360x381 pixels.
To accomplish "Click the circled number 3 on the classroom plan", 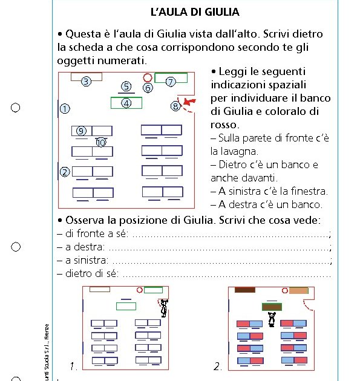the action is coord(86,81).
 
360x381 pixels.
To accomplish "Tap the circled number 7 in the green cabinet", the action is coord(171,81).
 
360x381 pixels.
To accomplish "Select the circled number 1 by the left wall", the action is coord(64,108).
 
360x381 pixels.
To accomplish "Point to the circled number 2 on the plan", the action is coord(64,172).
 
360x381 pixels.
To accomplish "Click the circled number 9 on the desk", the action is coord(81,131).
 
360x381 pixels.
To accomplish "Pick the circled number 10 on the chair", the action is coord(101,143).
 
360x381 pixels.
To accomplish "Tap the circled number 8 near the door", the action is coord(175,106).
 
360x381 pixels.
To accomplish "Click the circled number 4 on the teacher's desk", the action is coord(126,103).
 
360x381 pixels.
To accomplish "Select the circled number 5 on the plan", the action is coord(126,86).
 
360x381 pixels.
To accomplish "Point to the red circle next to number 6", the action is coord(147,77).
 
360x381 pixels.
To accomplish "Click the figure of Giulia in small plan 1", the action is coord(164,308).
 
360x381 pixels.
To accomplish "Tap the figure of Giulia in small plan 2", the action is coord(272,319).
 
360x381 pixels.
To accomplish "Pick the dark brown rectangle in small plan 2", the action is coord(244,290).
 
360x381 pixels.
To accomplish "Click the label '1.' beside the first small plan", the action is coord(73,366).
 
